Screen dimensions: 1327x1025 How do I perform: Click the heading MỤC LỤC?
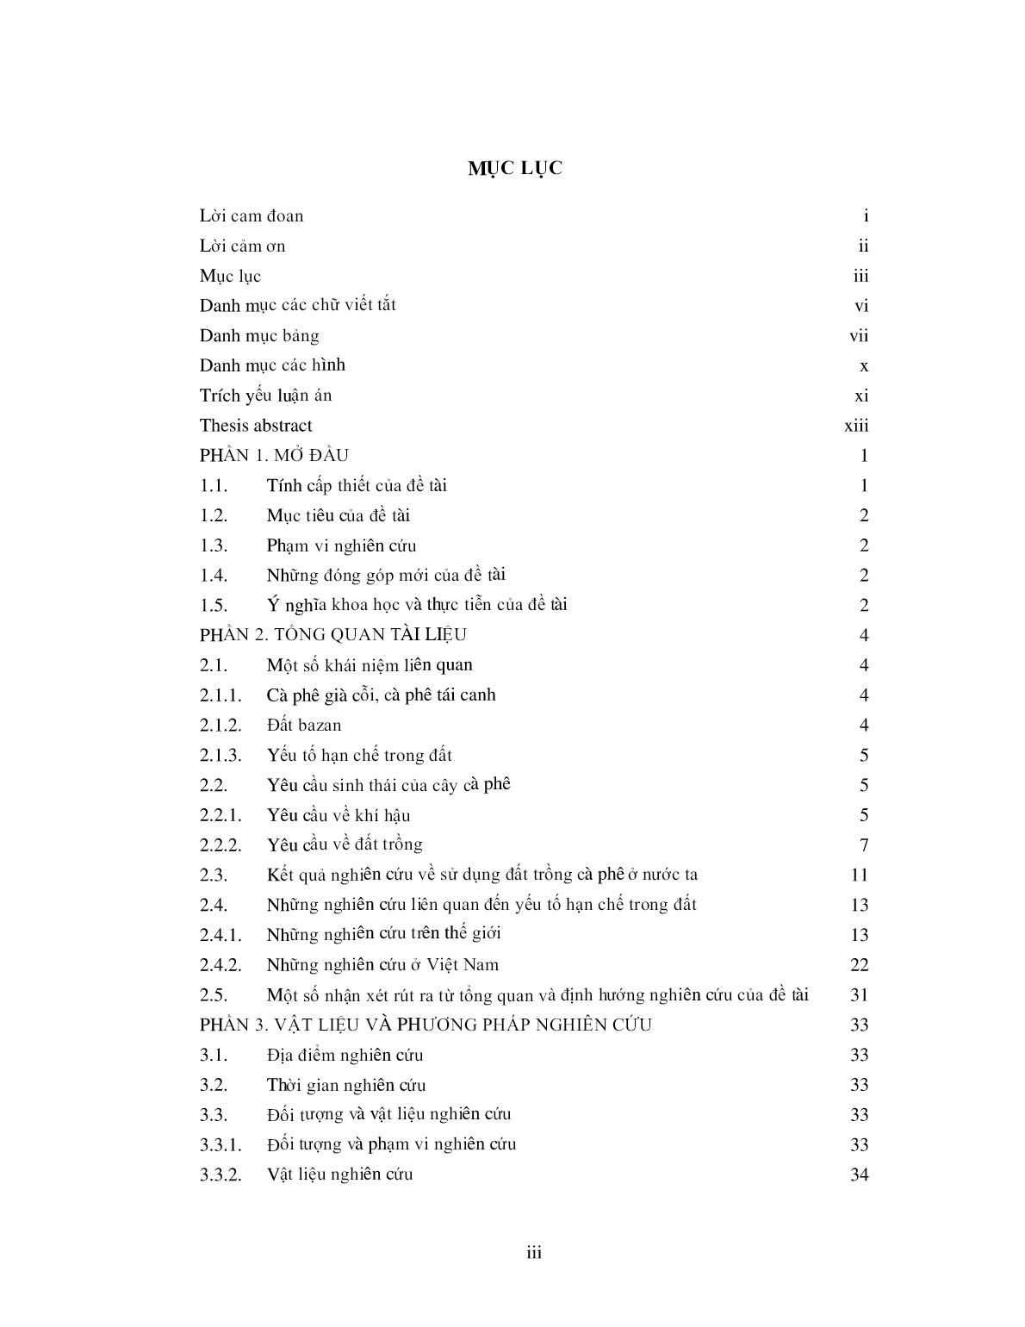pos(515,168)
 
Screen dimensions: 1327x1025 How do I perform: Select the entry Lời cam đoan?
pos(252,215)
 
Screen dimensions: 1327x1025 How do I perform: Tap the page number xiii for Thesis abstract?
pos(856,426)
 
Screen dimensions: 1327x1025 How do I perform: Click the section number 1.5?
pos(214,605)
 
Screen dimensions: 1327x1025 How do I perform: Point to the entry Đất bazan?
pos(304,725)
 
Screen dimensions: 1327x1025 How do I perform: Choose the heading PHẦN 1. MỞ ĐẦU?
pos(274,455)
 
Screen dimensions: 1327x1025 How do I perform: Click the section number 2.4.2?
pos(221,965)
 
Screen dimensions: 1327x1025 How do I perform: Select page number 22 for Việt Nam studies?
pos(859,965)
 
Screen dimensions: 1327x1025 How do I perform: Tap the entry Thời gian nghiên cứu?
pos(346,1085)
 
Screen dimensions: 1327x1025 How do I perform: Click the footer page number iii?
pos(534,1253)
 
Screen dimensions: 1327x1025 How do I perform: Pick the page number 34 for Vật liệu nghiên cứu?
pos(859,1174)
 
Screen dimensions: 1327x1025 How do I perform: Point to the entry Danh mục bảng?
pos(259,335)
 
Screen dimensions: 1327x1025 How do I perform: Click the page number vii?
pos(859,335)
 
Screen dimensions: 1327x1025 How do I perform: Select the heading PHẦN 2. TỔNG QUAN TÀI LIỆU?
pos(333,635)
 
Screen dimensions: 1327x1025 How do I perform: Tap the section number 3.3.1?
pos(221,1144)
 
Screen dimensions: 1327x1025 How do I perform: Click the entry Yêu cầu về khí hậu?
pos(339,815)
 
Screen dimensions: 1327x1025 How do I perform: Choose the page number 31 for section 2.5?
pos(859,994)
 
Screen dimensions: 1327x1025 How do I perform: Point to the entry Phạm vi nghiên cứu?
pos(341,545)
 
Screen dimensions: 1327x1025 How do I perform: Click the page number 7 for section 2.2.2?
pos(864,844)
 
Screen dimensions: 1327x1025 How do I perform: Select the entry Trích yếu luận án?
pos(265,396)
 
